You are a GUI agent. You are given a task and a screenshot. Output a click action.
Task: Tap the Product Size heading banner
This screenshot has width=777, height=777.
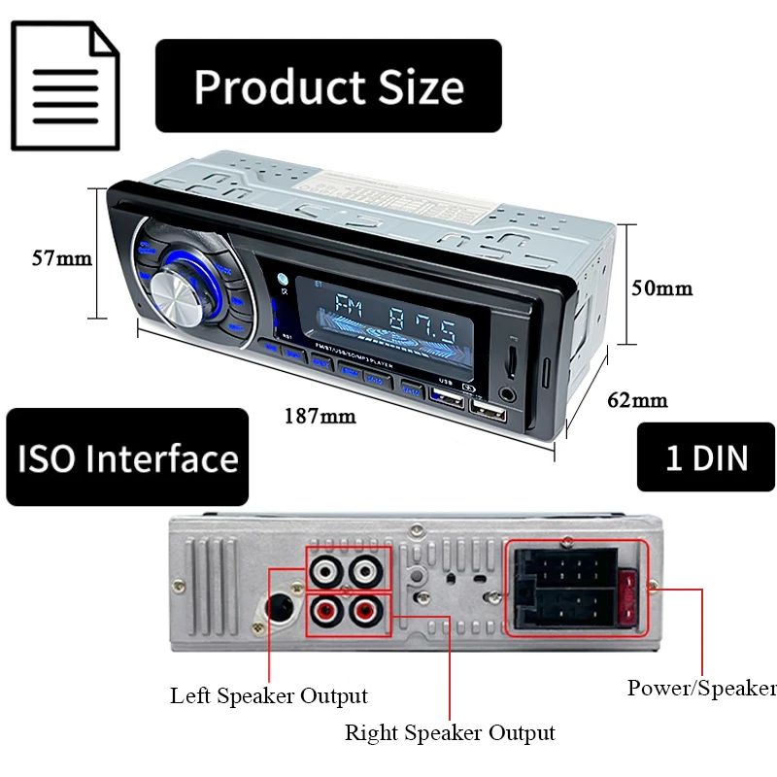coord(328,85)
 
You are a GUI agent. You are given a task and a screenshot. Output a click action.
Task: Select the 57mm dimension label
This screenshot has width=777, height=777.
coord(61,258)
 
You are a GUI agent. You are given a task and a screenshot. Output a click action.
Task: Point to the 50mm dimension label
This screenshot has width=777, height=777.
coord(662,288)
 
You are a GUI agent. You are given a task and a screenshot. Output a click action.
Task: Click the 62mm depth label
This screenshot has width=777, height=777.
coord(637,399)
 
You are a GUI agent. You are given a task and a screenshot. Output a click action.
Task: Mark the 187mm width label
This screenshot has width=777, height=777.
coord(320,417)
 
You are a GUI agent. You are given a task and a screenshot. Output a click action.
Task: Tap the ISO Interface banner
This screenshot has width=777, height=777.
coord(127,457)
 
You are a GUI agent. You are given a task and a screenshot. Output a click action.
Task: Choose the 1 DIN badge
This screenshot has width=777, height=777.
coord(706,457)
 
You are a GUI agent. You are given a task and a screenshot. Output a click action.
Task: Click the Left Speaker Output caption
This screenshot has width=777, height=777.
coord(269,695)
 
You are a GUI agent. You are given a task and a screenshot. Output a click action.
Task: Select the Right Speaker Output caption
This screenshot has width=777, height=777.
coord(450,732)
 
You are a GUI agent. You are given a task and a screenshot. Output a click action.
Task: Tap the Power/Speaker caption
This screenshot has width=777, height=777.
coord(701,689)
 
